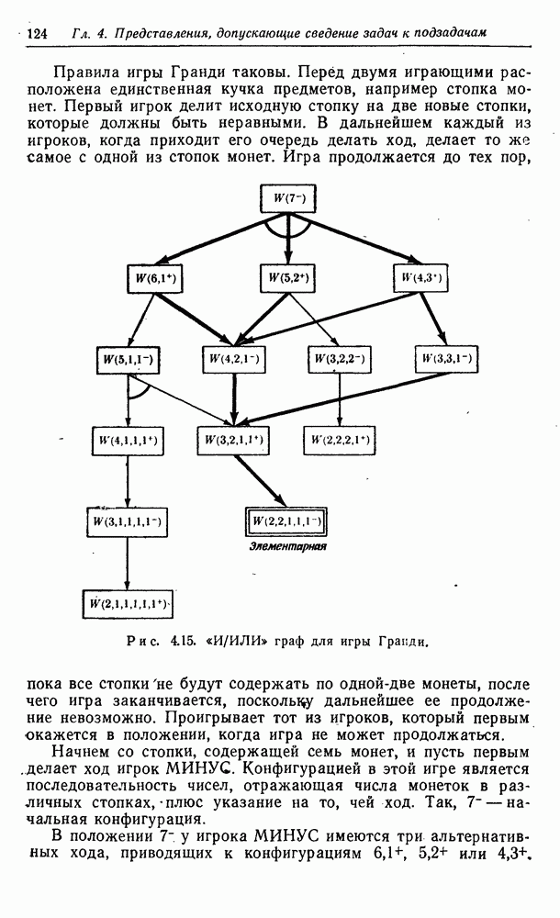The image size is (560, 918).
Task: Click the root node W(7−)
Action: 287,198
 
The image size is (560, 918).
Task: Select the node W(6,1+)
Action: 154,279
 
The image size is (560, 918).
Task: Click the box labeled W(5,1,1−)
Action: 128,360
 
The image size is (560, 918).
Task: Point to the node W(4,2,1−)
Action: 234,359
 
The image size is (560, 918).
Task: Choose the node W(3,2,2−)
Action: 339,359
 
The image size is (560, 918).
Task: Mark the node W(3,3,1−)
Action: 446,358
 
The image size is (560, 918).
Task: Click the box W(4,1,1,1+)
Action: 128,441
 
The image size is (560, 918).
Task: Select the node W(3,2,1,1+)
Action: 234,441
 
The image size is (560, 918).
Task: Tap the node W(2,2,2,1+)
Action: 339,441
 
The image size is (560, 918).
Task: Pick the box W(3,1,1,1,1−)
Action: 127,521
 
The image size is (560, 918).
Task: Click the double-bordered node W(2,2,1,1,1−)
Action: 286,521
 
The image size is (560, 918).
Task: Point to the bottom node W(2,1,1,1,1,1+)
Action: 127,604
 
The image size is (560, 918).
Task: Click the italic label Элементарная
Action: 287,546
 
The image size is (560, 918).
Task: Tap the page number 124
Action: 37,33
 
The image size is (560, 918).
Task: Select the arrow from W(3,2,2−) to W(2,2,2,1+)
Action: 339,400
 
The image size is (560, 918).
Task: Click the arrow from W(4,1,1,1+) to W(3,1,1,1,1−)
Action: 128,481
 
